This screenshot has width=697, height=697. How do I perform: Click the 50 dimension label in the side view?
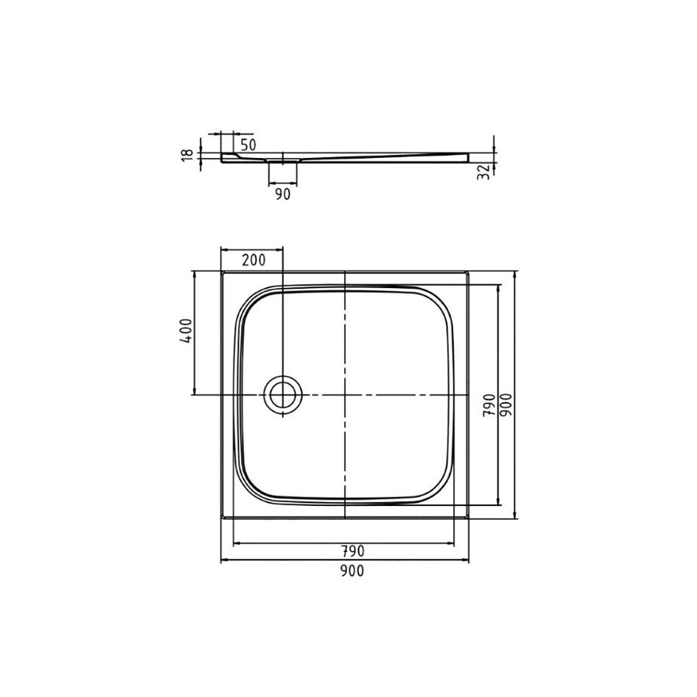point(248,145)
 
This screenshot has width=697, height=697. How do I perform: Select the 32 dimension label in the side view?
point(483,172)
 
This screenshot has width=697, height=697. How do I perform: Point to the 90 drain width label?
point(282,194)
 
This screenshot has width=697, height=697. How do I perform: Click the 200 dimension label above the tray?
point(254,260)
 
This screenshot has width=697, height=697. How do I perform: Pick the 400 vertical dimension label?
point(186,330)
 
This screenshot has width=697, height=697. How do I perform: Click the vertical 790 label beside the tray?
point(488,405)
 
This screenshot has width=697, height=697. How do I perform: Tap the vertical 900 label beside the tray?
point(506,404)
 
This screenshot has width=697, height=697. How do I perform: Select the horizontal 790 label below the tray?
point(353,551)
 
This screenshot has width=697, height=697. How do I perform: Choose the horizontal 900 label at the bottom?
point(352,571)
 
